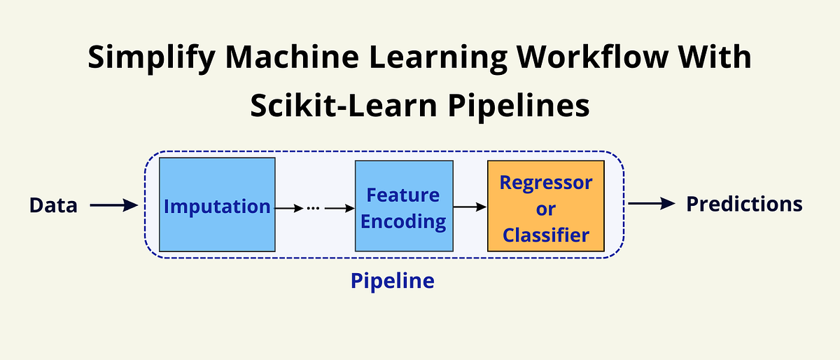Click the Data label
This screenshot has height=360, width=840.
(x=53, y=205)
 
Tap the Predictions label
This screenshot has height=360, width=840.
(x=743, y=204)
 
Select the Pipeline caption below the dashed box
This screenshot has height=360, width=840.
(x=392, y=282)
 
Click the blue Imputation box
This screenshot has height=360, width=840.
(x=217, y=205)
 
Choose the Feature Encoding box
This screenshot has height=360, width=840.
(x=403, y=207)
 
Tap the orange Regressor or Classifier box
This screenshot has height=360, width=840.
(x=545, y=207)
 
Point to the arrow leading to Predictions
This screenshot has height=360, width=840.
(x=652, y=204)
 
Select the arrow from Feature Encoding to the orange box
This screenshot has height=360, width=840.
(x=470, y=207)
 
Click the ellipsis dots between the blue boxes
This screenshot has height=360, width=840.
(x=313, y=208)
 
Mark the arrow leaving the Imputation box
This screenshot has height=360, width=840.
(x=289, y=208)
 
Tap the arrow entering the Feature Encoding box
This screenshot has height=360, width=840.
(x=339, y=208)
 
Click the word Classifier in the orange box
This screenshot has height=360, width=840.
(x=545, y=235)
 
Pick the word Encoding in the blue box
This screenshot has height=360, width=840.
(x=403, y=222)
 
